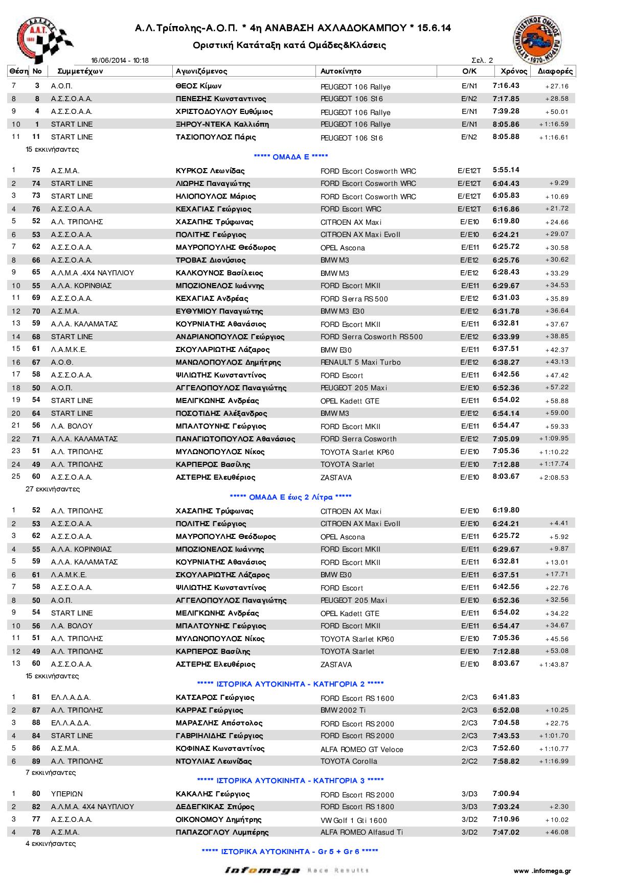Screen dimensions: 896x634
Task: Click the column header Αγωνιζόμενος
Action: [x=201, y=71]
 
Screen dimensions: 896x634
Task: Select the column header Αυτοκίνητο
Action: [x=341, y=71]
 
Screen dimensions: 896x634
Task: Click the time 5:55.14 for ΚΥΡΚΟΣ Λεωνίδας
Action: [x=506, y=170]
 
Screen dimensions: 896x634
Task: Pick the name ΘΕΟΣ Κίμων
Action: [x=199, y=86]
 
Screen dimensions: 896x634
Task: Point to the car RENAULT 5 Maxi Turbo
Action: [x=360, y=362]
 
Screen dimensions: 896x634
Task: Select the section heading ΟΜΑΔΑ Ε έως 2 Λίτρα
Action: [x=291, y=497]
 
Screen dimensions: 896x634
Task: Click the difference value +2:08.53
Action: [x=554, y=478]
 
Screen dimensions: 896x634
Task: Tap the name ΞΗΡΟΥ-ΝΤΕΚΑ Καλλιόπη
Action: [x=222, y=124]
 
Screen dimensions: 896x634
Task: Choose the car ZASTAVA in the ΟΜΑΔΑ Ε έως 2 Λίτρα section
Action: [x=336, y=665]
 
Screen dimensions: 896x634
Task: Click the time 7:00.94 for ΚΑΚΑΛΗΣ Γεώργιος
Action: [x=506, y=794]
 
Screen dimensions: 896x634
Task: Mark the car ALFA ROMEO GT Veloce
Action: [x=361, y=749]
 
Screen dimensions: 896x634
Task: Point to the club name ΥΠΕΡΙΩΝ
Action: [x=67, y=794]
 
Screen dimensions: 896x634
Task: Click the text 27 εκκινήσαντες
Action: [x=53, y=489]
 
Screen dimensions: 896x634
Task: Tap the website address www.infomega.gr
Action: [x=542, y=870]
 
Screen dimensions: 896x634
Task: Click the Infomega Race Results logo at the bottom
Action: [x=297, y=870]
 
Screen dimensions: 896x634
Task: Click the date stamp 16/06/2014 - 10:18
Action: [x=120, y=60]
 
